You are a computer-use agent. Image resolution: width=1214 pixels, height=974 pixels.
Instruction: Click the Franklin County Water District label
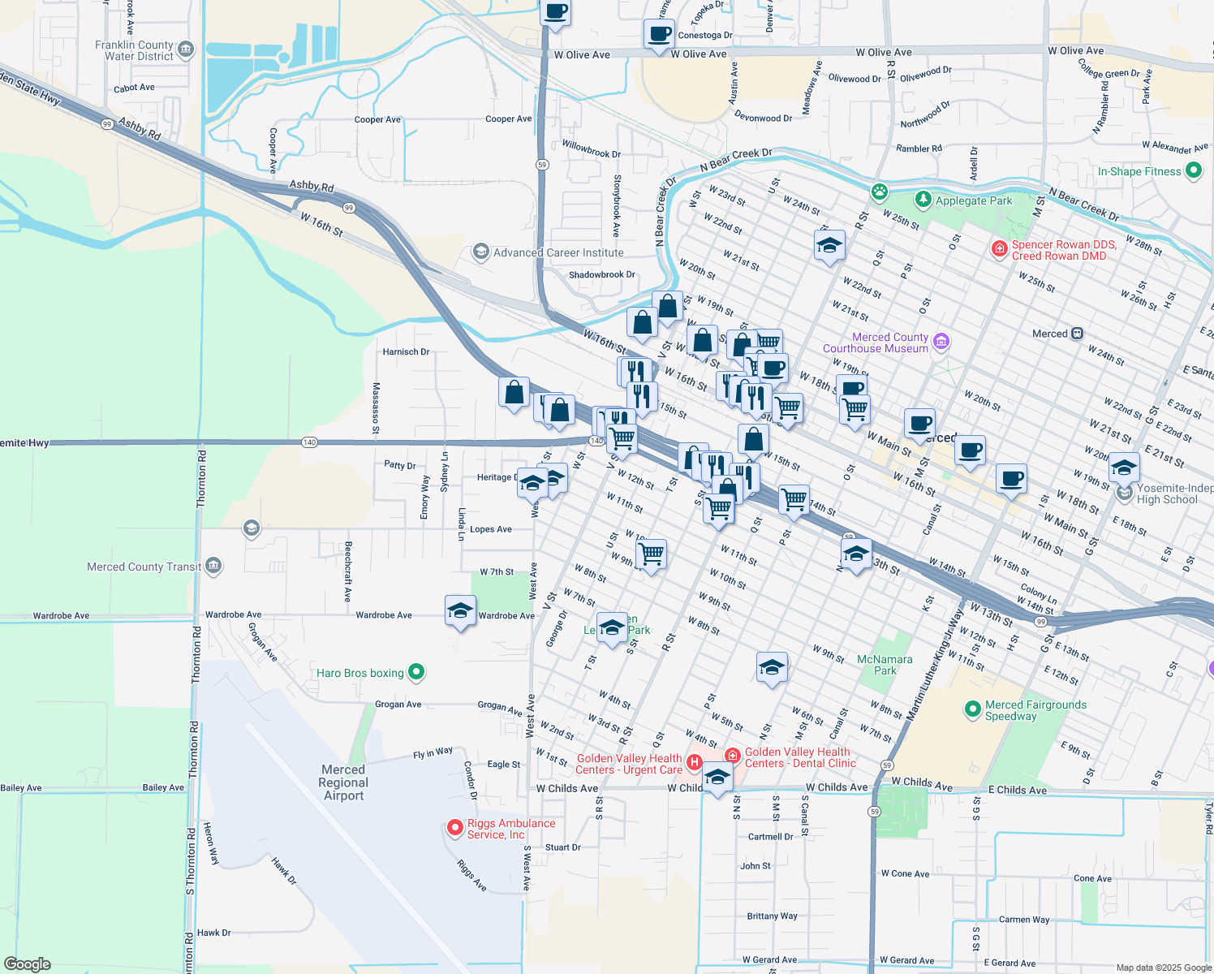[134, 50]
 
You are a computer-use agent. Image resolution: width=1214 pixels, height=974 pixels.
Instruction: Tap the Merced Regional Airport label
[343, 782]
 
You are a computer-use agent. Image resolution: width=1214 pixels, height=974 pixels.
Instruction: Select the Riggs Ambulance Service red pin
[455, 828]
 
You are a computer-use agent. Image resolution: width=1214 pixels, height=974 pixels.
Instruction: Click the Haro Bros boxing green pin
[416, 672]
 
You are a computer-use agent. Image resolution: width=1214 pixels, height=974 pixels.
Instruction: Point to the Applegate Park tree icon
[923, 200]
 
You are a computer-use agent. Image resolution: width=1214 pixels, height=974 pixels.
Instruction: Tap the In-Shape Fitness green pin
[1193, 171]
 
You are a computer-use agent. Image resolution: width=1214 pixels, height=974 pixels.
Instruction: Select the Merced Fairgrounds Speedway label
[1035, 710]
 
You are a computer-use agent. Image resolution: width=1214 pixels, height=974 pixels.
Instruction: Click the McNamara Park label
[885, 665]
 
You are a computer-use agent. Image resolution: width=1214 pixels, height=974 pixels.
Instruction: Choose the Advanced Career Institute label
[558, 252]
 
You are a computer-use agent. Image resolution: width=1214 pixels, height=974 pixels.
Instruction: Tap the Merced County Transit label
[144, 567]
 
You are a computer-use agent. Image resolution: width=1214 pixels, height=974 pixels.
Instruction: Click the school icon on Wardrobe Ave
[460, 612]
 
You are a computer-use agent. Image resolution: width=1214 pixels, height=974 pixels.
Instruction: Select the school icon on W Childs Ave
[717, 778]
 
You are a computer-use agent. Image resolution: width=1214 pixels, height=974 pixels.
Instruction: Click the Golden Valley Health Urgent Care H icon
[694, 762]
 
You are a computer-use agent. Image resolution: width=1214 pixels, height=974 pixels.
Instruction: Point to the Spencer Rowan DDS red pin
[1000, 248]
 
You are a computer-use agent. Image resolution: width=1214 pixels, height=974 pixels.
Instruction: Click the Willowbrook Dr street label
[591, 153]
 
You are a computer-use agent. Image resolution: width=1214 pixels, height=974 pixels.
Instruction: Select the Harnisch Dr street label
[406, 351]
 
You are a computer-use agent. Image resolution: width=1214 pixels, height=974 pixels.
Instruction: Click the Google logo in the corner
[27, 964]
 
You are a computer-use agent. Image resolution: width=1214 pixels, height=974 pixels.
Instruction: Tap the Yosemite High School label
[1174, 493]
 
